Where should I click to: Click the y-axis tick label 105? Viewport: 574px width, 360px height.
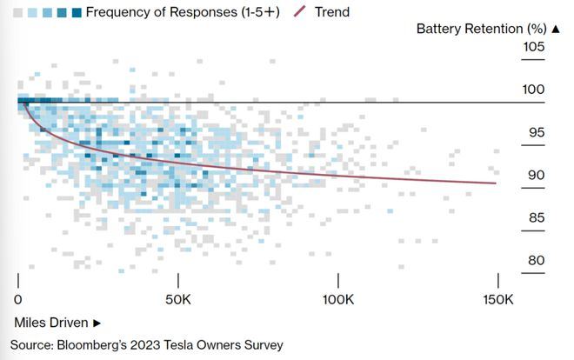click(533, 47)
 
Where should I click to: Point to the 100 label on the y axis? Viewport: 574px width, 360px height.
click(533, 90)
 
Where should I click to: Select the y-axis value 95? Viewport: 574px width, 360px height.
click(533, 132)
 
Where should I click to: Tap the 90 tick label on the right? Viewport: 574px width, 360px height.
click(533, 175)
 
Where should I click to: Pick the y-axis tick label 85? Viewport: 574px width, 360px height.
click(533, 217)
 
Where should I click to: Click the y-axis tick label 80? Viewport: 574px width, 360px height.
click(533, 260)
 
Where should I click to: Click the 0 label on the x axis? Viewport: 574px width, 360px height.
click(18, 301)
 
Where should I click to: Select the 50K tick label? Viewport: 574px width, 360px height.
click(178, 301)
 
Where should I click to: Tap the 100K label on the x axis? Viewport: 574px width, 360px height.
click(337, 301)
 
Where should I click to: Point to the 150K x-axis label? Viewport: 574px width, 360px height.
click(497, 301)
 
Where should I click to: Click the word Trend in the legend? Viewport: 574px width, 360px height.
click(330, 12)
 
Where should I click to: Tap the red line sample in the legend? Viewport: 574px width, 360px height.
click(301, 12)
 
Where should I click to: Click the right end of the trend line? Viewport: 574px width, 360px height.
click(496, 183)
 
